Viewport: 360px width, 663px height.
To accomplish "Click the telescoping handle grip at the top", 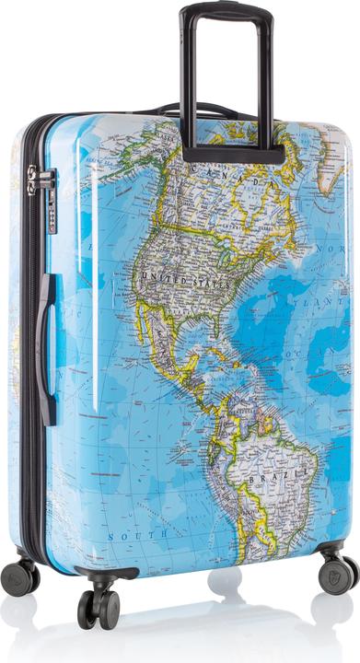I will pos(226,11).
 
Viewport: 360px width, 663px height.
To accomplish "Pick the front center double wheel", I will pos(99,606).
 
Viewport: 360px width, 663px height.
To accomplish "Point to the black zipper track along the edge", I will pos(30,368).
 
